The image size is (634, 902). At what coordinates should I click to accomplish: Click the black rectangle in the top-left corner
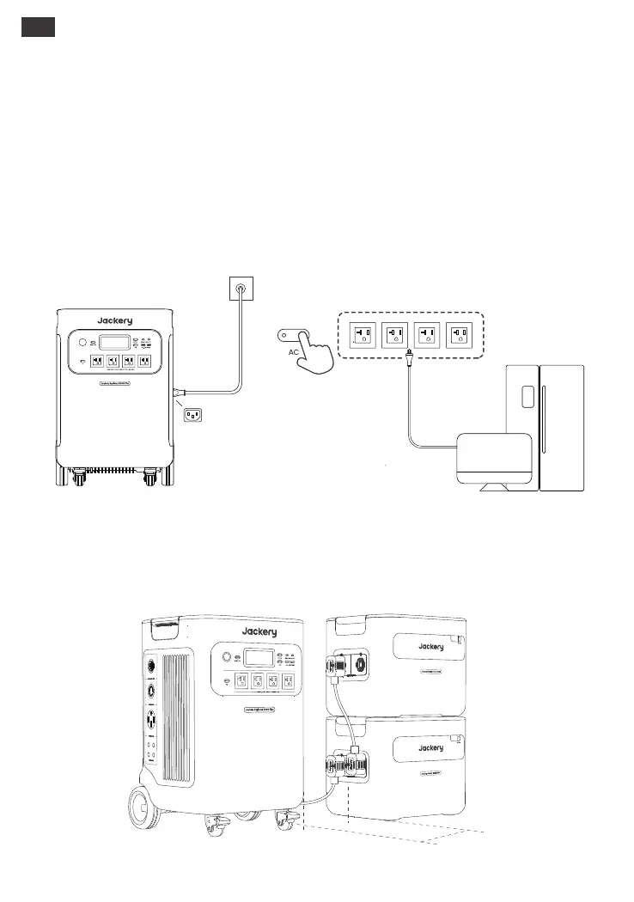(38, 27)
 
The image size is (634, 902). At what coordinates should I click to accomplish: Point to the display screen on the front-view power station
(113, 341)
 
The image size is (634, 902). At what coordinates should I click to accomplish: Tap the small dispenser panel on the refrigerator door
(527, 397)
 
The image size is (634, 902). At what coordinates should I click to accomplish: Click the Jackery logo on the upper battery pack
(430, 646)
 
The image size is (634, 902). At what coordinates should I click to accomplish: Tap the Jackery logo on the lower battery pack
(430, 749)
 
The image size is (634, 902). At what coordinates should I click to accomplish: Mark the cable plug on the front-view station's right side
(177, 393)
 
